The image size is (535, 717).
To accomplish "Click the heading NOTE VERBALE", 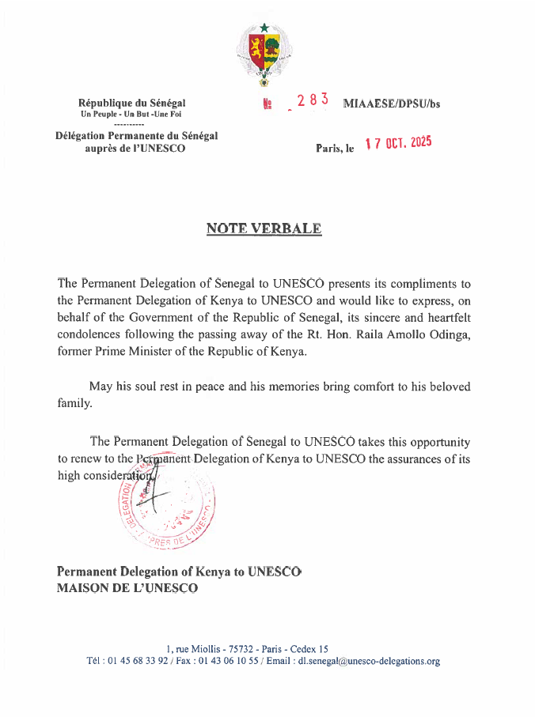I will [264, 229].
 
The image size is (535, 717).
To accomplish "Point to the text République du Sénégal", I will [132, 104].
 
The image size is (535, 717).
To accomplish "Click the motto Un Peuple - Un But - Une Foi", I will [131, 115].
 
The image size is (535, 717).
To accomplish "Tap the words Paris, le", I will [334, 149].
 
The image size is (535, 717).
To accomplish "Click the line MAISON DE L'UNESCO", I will [127, 588].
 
